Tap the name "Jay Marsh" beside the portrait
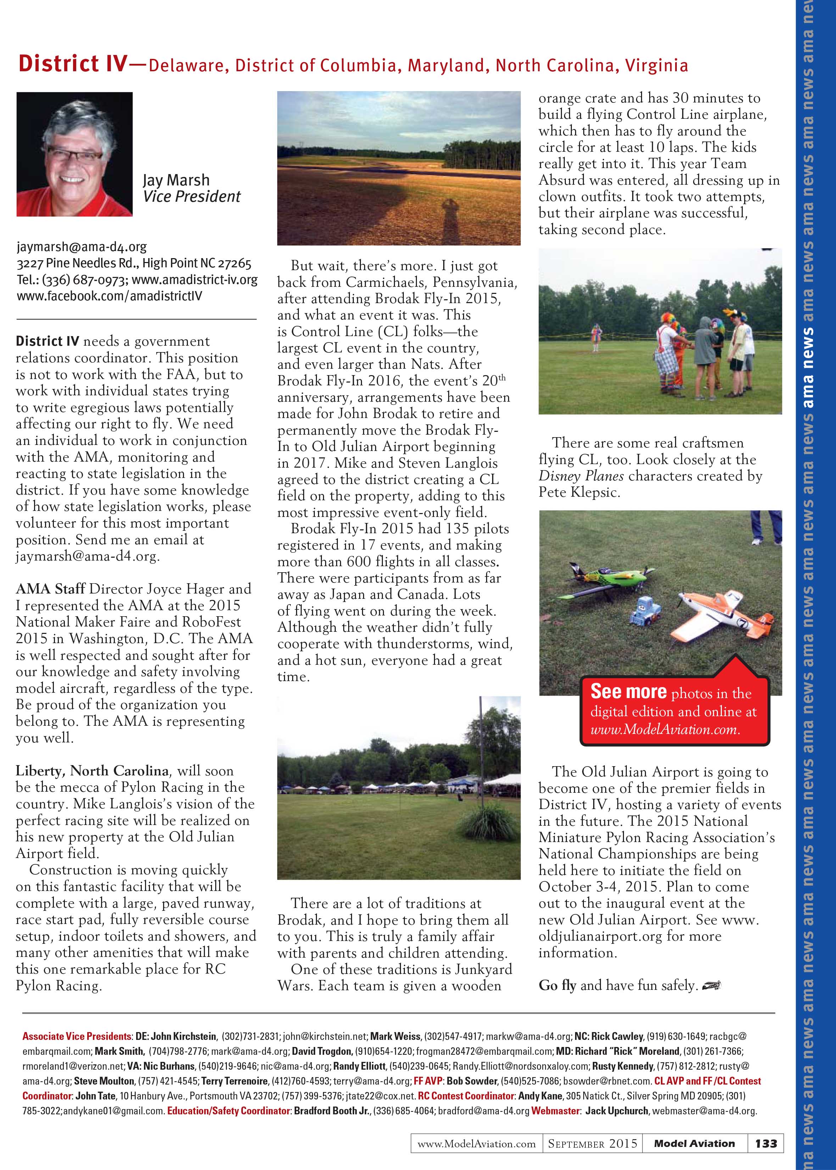tap(176, 180)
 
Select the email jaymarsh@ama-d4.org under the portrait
tap(82, 247)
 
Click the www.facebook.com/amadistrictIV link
tap(109, 296)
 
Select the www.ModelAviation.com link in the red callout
tap(665, 729)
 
